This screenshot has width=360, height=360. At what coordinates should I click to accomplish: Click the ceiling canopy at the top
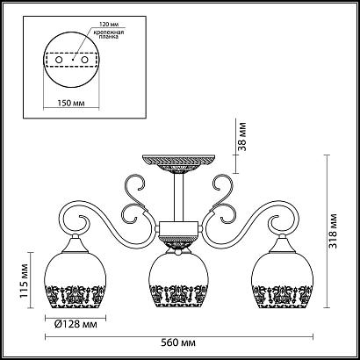(180, 162)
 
